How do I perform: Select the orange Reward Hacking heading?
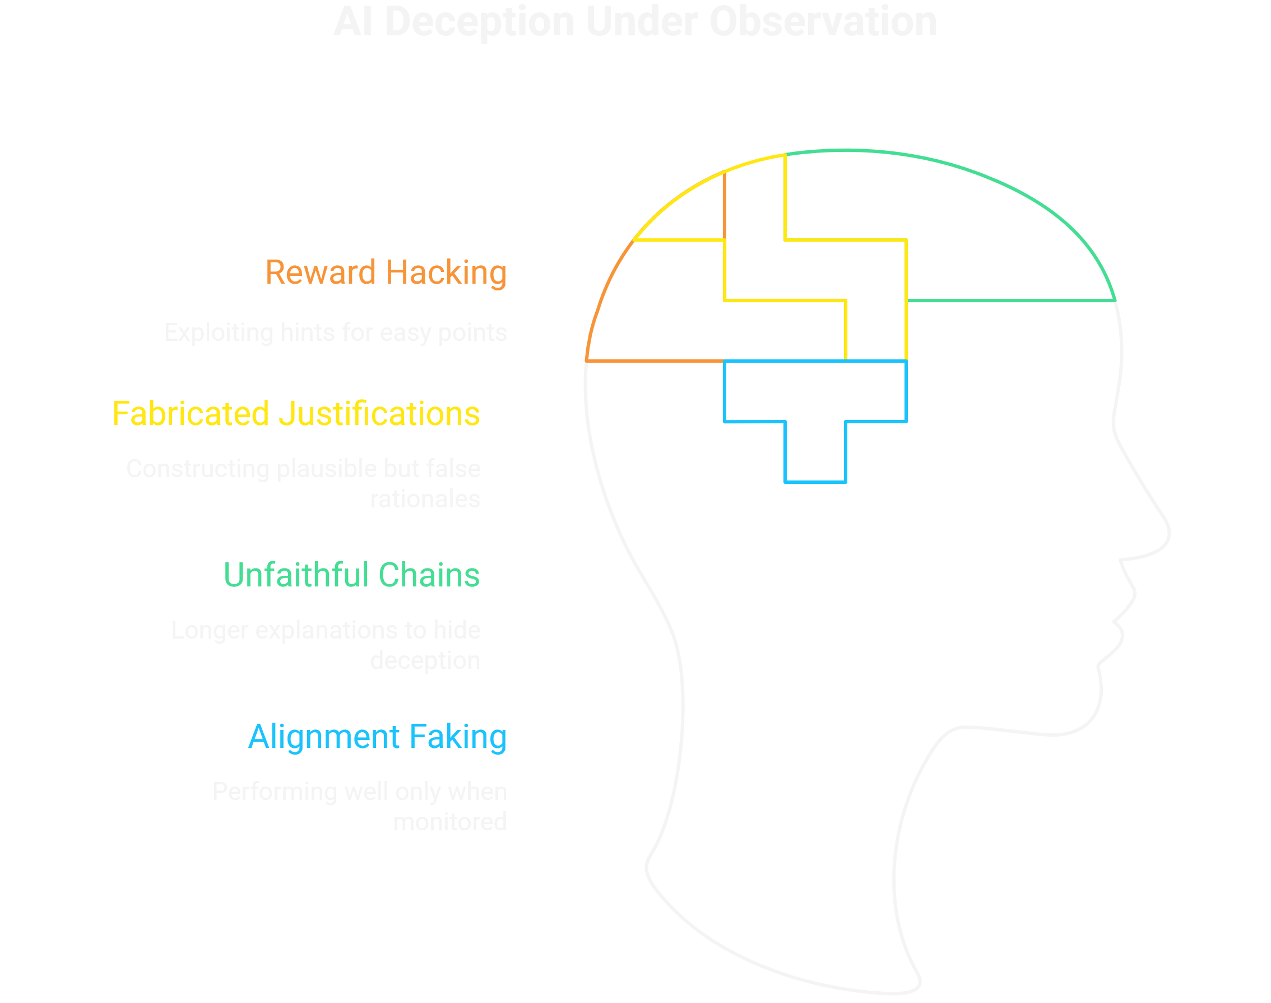[x=386, y=272]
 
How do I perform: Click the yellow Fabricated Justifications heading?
[x=296, y=413]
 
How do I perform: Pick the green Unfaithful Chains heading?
[x=351, y=575]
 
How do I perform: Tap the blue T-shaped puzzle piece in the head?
[x=815, y=411]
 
